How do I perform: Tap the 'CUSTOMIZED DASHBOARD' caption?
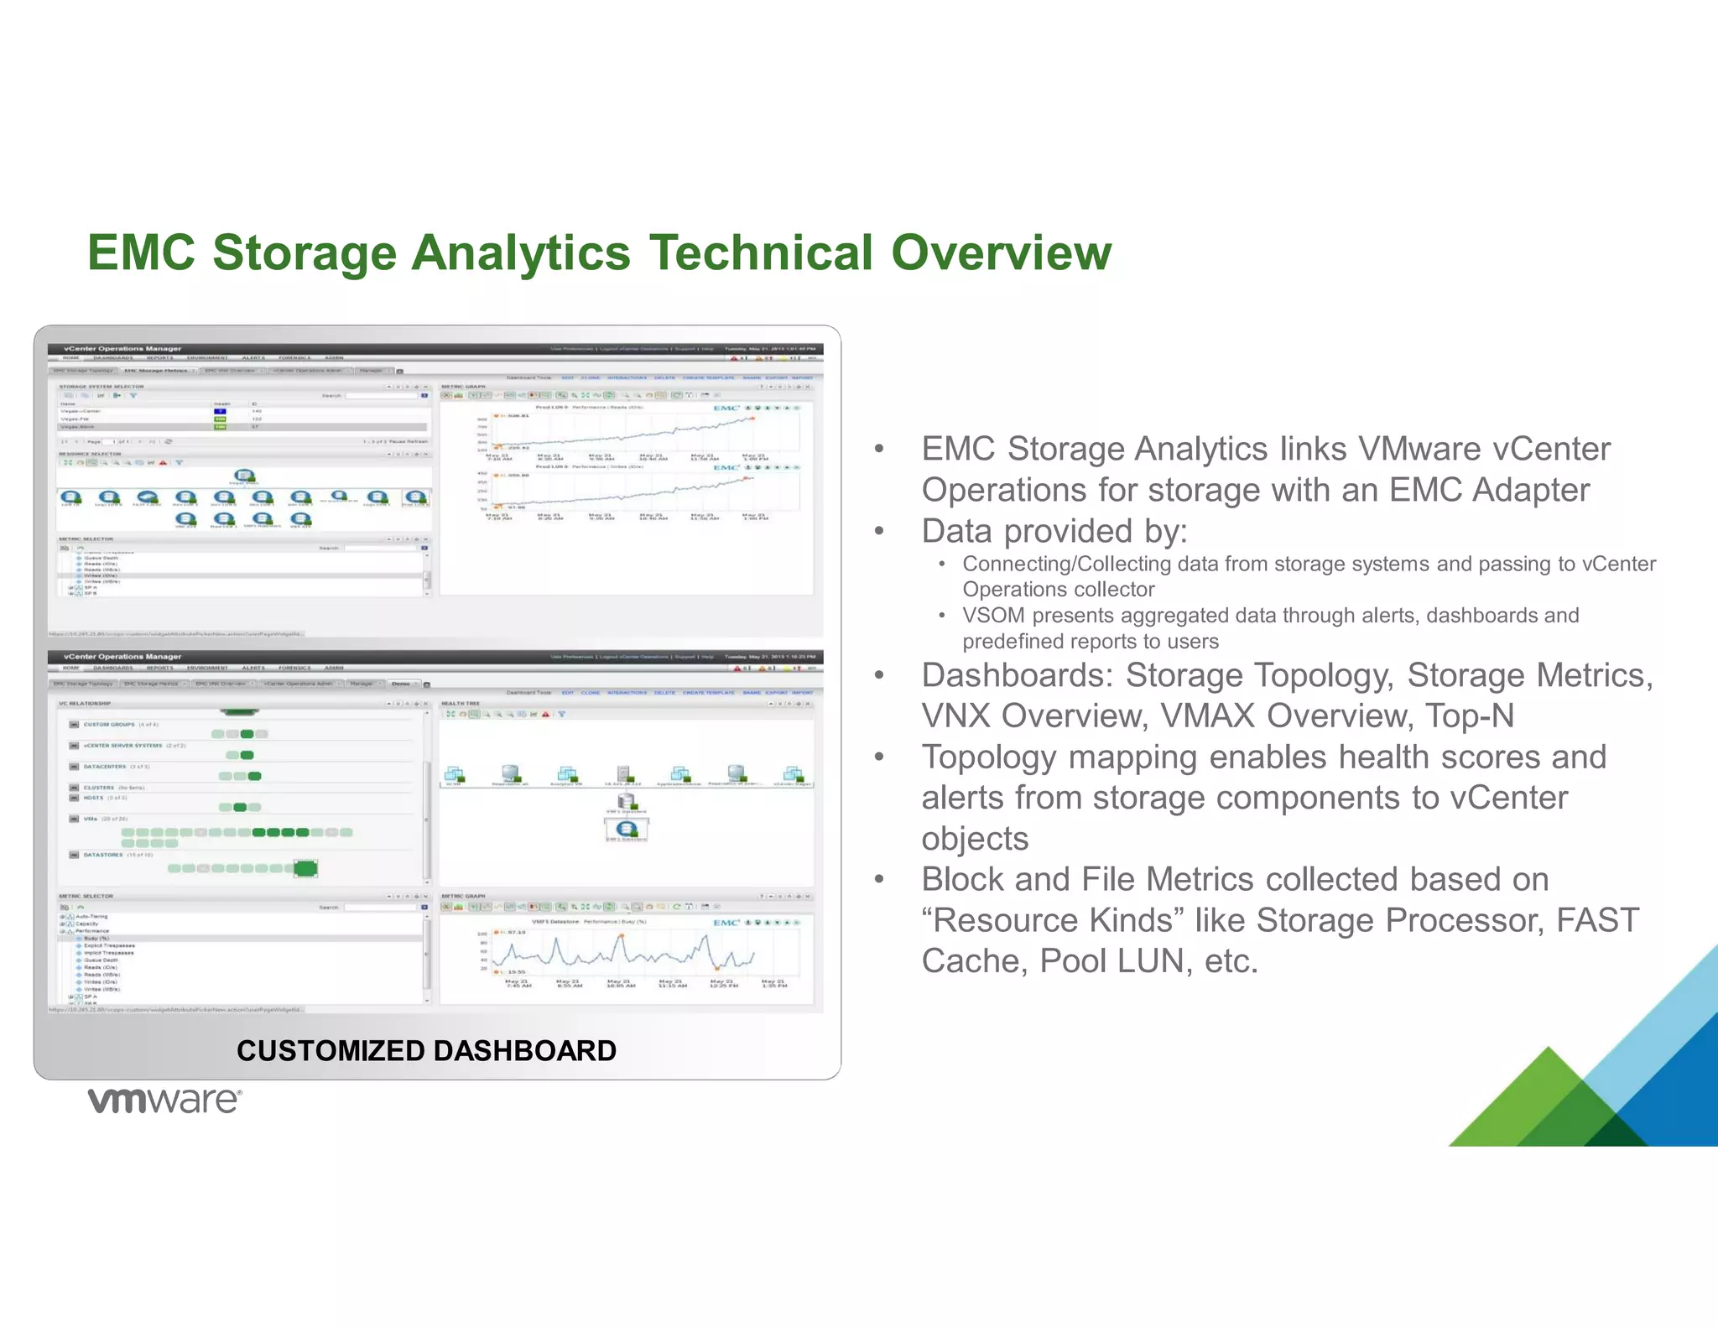point(426,1050)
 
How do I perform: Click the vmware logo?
point(165,1101)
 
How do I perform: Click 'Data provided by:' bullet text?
point(1054,531)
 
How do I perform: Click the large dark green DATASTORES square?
point(305,868)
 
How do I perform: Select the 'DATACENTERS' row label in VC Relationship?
point(105,767)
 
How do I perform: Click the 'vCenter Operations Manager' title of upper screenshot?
point(122,349)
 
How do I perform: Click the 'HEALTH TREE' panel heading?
point(461,704)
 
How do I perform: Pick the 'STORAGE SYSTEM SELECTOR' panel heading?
point(102,387)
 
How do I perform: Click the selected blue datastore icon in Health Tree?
point(627,829)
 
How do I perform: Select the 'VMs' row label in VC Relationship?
point(91,819)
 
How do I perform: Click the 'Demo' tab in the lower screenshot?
point(401,684)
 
